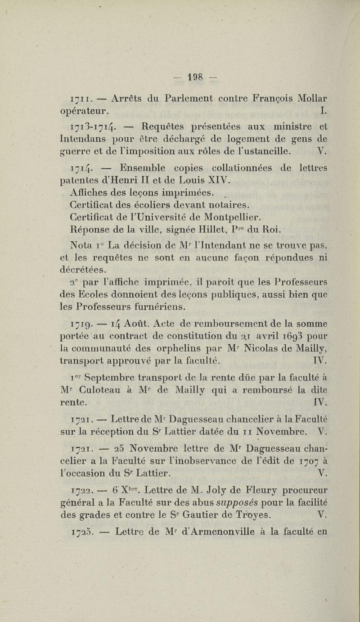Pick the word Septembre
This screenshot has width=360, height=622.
[116, 377]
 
